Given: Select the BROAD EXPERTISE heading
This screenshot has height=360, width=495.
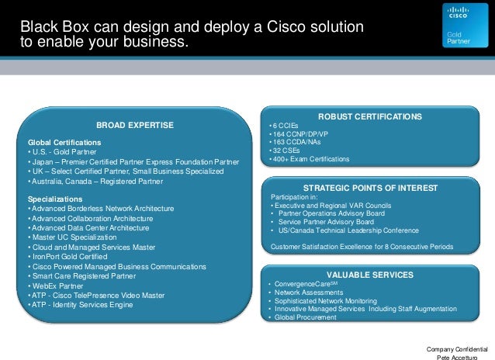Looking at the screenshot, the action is click(x=134, y=124).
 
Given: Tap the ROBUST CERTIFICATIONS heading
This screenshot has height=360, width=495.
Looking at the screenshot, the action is click(x=376, y=116).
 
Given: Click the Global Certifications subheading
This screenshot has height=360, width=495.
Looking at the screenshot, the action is click(x=64, y=143).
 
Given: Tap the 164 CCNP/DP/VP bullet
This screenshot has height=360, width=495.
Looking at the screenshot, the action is click(x=296, y=134).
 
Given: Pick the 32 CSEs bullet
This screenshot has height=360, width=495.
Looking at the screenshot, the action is click(x=283, y=151).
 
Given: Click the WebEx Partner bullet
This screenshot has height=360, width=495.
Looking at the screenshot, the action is click(x=58, y=285).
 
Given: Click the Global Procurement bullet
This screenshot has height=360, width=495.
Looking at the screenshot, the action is click(x=305, y=317).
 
